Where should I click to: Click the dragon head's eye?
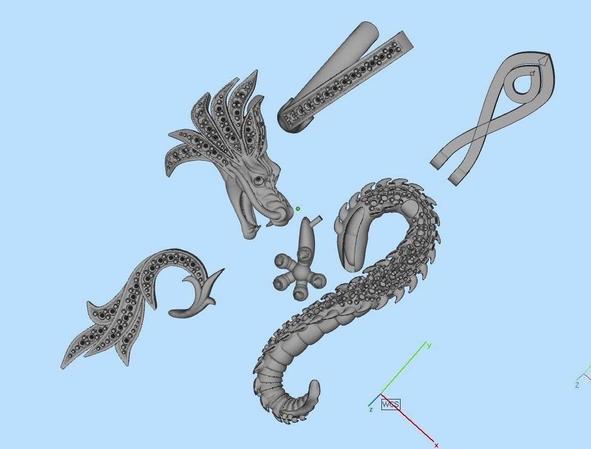(258, 181)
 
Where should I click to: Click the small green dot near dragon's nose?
(298, 209)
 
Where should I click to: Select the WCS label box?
(390, 404)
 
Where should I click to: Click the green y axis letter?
(429, 346)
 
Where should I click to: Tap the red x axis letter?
(436, 445)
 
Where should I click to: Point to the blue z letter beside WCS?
(371, 410)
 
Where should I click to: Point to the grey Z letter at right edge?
(577, 385)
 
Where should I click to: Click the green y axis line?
(404, 370)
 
